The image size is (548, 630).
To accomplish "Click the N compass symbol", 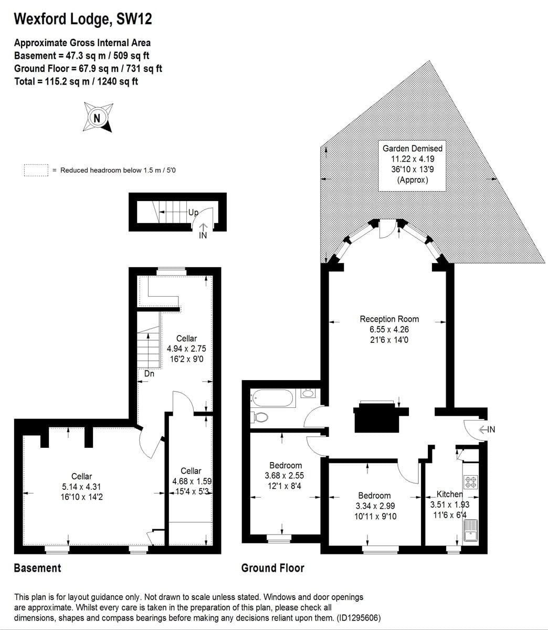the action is (98, 118).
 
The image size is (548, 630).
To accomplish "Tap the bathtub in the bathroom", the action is (272, 398).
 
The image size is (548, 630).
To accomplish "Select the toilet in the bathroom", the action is (259, 417).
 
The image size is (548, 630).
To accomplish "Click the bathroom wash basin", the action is (308, 393).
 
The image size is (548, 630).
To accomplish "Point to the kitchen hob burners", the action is (471, 482).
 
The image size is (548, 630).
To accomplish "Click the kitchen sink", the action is (470, 531).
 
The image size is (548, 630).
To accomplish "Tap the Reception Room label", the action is (389, 319).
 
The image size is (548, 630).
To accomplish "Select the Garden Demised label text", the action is (412, 149).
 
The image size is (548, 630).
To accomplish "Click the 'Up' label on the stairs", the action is (193, 213).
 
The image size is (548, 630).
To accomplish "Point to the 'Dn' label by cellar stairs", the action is (149, 373).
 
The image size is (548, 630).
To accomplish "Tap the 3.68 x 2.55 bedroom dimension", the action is (284, 476).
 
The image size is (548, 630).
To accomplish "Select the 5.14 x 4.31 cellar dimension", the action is (81, 487).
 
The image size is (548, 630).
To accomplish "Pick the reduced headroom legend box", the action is (36, 170).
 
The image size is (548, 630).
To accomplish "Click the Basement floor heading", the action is (38, 568).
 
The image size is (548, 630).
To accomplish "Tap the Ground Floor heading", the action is (273, 568).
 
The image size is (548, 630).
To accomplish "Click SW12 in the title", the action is (134, 19).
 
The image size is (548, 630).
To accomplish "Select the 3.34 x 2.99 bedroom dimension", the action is (375, 506).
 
